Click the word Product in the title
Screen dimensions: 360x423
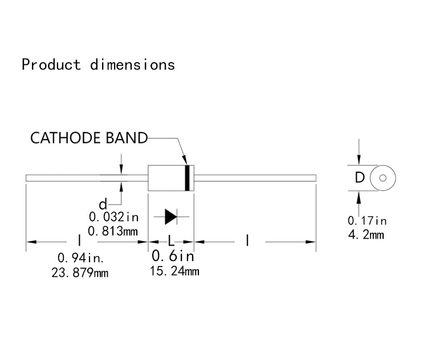click(51, 64)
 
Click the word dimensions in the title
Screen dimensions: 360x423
click(132, 64)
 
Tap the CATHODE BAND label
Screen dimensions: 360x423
click(88, 138)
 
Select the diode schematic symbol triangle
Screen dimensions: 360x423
click(170, 216)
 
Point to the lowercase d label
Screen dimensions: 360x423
click(103, 204)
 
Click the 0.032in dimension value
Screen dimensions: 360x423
click(113, 217)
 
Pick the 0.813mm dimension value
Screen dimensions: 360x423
click(113, 231)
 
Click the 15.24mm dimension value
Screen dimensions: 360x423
click(174, 271)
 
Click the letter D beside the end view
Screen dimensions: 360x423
click(359, 178)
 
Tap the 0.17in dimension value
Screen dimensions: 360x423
click(367, 220)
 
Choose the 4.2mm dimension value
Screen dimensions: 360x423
click(366, 234)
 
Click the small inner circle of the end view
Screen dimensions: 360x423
click(383, 178)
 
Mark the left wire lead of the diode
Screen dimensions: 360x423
click(86, 178)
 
